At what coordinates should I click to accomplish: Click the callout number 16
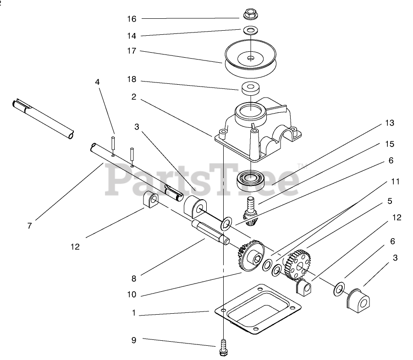coord(132,19)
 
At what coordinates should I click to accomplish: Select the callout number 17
coord(132,51)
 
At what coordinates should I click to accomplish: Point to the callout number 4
coord(97,82)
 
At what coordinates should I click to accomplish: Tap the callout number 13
coord(390,123)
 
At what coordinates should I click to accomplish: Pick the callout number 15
coord(390,144)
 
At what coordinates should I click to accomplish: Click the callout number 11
coord(395,182)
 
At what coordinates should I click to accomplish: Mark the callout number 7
coord(29,226)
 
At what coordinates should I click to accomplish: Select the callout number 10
coord(132,295)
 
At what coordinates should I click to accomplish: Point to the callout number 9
coord(133,340)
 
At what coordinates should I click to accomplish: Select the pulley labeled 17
coord(250,62)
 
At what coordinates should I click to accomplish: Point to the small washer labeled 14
coord(250,31)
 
